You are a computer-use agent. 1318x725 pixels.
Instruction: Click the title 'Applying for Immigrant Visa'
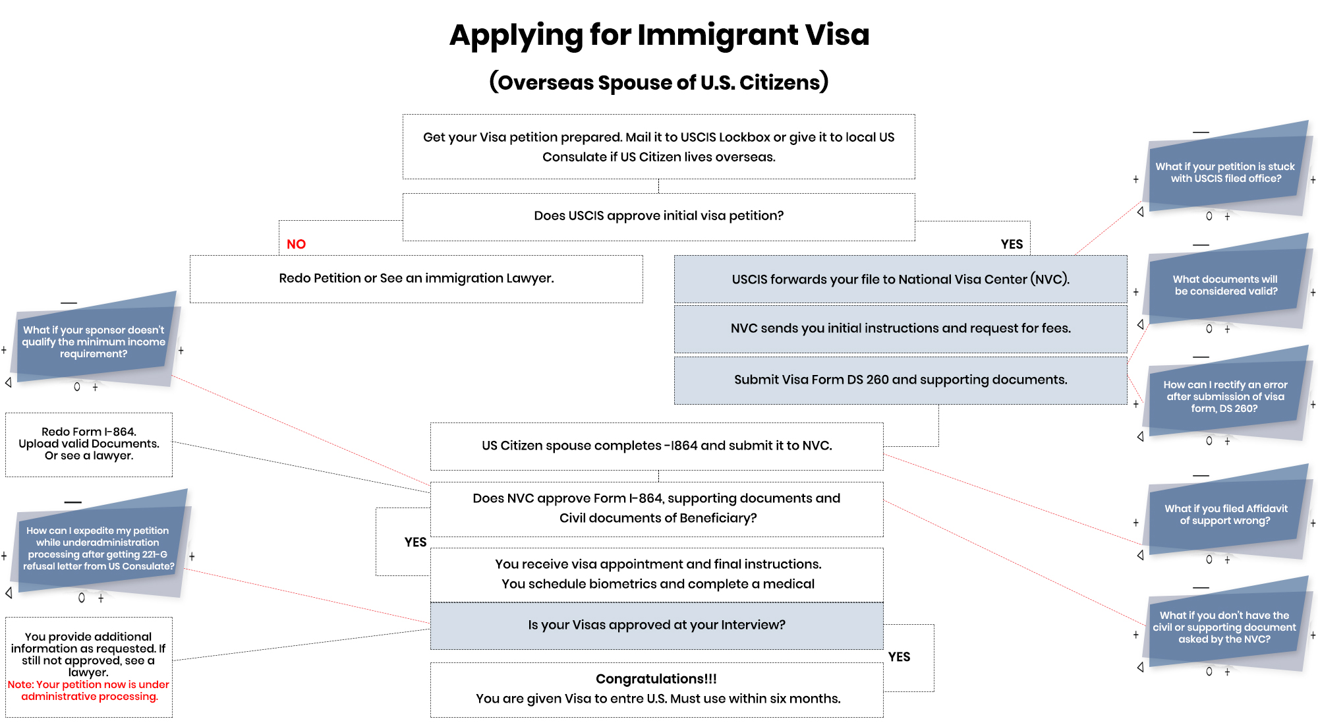click(x=659, y=35)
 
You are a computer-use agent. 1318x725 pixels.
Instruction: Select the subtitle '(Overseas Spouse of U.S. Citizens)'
click(x=659, y=82)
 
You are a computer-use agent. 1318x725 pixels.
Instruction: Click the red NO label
click(x=296, y=244)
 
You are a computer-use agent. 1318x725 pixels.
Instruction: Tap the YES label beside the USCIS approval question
click(x=1012, y=244)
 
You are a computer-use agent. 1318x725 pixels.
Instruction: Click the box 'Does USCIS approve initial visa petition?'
click(x=659, y=217)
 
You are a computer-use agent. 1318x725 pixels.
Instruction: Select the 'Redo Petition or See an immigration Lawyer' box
click(x=416, y=279)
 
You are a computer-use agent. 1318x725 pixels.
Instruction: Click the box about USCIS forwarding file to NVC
click(x=901, y=279)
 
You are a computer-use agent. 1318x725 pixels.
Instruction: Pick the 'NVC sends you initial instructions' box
click(x=901, y=328)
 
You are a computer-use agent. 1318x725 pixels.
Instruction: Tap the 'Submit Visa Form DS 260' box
click(x=901, y=380)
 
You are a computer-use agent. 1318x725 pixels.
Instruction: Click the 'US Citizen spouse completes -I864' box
click(x=657, y=446)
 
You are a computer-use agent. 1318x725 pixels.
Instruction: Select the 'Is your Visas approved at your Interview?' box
click(x=657, y=625)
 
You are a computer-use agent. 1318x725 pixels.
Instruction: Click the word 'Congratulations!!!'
click(x=656, y=679)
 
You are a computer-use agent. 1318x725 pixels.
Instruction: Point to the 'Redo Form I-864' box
click(x=89, y=445)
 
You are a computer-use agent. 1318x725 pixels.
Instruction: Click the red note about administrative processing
click(x=89, y=690)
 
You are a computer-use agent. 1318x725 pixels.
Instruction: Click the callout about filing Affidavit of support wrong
click(x=1226, y=514)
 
